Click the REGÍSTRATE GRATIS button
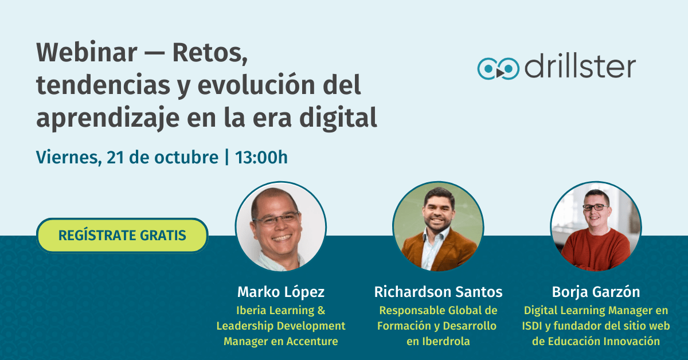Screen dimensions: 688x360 coord(122,235)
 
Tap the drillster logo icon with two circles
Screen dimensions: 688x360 coord(498,68)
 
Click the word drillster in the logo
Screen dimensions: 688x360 coord(580,67)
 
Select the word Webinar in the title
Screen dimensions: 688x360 coord(87,53)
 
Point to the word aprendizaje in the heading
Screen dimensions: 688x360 coord(108,118)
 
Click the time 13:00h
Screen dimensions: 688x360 coord(261,157)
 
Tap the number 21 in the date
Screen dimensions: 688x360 coord(115,157)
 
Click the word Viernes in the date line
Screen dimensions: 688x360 coord(69,158)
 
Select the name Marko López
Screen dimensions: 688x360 coord(281,292)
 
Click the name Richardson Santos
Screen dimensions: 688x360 coord(438,292)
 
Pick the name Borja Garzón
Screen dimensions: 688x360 coord(596,292)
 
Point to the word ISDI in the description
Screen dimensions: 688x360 coord(532,326)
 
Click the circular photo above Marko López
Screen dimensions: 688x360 coord(281,226)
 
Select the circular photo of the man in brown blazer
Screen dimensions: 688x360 coord(438,226)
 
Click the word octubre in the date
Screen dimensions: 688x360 coord(186,157)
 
